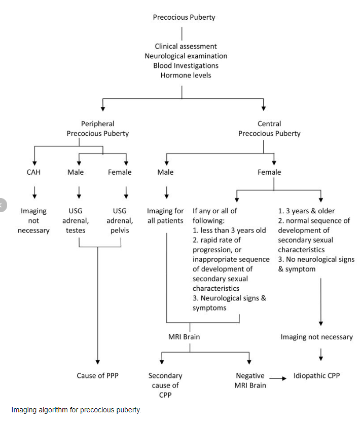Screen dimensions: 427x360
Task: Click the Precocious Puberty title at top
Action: click(x=184, y=17)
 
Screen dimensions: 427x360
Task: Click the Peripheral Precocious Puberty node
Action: click(x=98, y=129)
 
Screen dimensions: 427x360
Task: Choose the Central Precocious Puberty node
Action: click(x=269, y=129)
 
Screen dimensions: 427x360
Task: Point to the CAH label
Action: click(x=33, y=172)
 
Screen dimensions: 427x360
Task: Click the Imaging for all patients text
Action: click(x=165, y=216)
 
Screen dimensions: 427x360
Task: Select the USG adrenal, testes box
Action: click(x=79, y=220)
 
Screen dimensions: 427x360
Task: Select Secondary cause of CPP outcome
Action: click(x=165, y=385)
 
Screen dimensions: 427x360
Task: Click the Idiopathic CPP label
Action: click(x=317, y=376)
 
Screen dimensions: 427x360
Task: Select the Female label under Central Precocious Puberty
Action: click(x=269, y=172)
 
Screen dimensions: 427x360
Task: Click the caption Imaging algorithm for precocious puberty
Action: click(x=76, y=410)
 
